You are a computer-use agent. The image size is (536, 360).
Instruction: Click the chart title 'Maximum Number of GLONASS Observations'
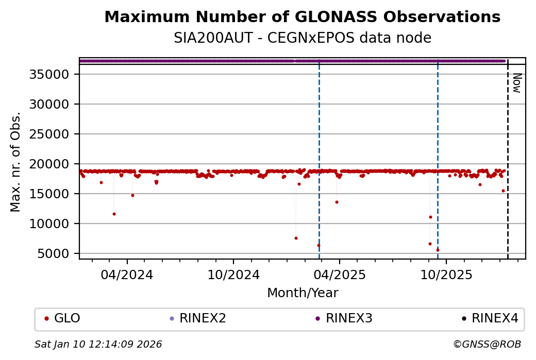302,17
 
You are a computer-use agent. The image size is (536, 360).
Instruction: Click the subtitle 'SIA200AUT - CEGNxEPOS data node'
302,38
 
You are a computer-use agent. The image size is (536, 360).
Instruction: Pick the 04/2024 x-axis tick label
127,275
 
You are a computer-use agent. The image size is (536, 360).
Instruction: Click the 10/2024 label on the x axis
233,275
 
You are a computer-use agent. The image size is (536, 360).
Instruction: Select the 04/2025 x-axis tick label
339,275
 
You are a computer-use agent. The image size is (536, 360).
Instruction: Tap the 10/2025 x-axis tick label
445,275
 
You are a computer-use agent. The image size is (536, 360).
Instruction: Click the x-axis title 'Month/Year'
303,293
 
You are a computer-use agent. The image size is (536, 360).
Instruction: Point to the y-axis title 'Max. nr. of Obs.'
16,162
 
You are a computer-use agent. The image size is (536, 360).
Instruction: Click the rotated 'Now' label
517,83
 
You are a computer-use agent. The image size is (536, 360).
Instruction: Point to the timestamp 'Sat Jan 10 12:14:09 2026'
98,344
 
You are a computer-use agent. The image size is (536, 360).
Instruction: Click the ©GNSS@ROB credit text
487,344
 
